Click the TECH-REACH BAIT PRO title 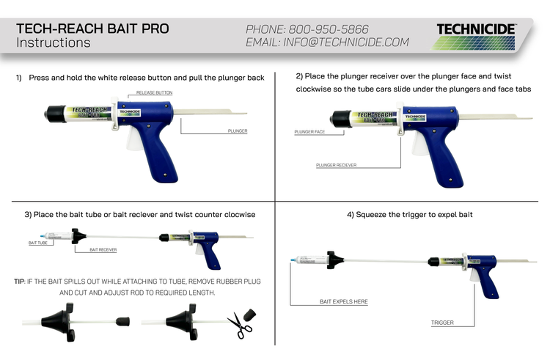[x=92, y=29]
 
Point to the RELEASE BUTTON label [x=154, y=93]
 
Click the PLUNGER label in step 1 [x=232, y=131]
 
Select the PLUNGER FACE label [x=309, y=133]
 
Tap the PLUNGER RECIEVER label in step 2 [x=337, y=165]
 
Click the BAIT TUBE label [x=37, y=242]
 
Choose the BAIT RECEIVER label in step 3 [x=103, y=250]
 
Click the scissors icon [x=239, y=325]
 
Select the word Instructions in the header [x=54, y=43]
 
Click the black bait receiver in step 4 [x=334, y=260]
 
